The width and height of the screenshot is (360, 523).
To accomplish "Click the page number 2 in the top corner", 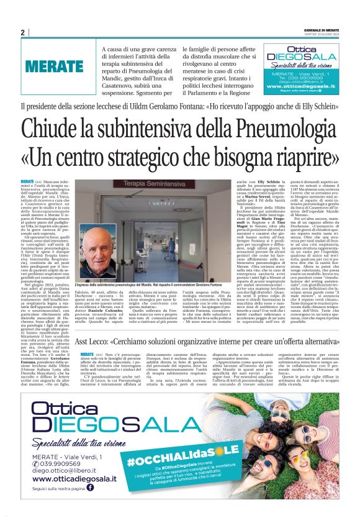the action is click(22, 32).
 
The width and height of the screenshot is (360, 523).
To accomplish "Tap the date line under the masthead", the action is click(323, 35).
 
